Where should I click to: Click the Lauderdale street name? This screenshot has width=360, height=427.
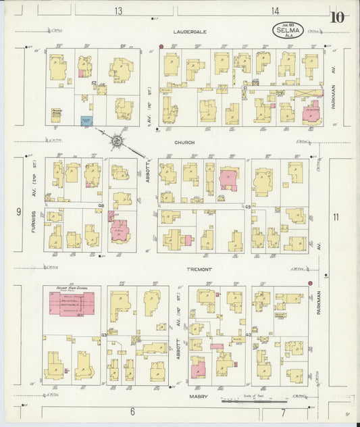(x=189, y=32)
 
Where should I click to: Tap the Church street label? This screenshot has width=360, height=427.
(x=184, y=142)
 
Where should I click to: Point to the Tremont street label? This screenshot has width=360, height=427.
(x=200, y=269)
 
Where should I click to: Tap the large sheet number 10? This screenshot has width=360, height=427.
(x=337, y=17)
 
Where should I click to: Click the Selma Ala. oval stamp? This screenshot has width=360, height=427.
(x=288, y=30)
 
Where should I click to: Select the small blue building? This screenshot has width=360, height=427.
(x=86, y=122)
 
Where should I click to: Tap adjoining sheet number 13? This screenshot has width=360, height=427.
(x=119, y=11)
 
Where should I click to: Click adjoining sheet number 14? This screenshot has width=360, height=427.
(x=276, y=11)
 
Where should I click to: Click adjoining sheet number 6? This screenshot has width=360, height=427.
(x=132, y=411)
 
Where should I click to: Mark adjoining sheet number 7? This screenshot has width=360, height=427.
(x=283, y=411)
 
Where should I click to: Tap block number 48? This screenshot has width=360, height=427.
(x=101, y=205)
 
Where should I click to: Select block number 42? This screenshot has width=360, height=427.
(x=248, y=334)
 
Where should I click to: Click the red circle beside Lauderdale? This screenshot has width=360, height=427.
(x=161, y=47)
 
